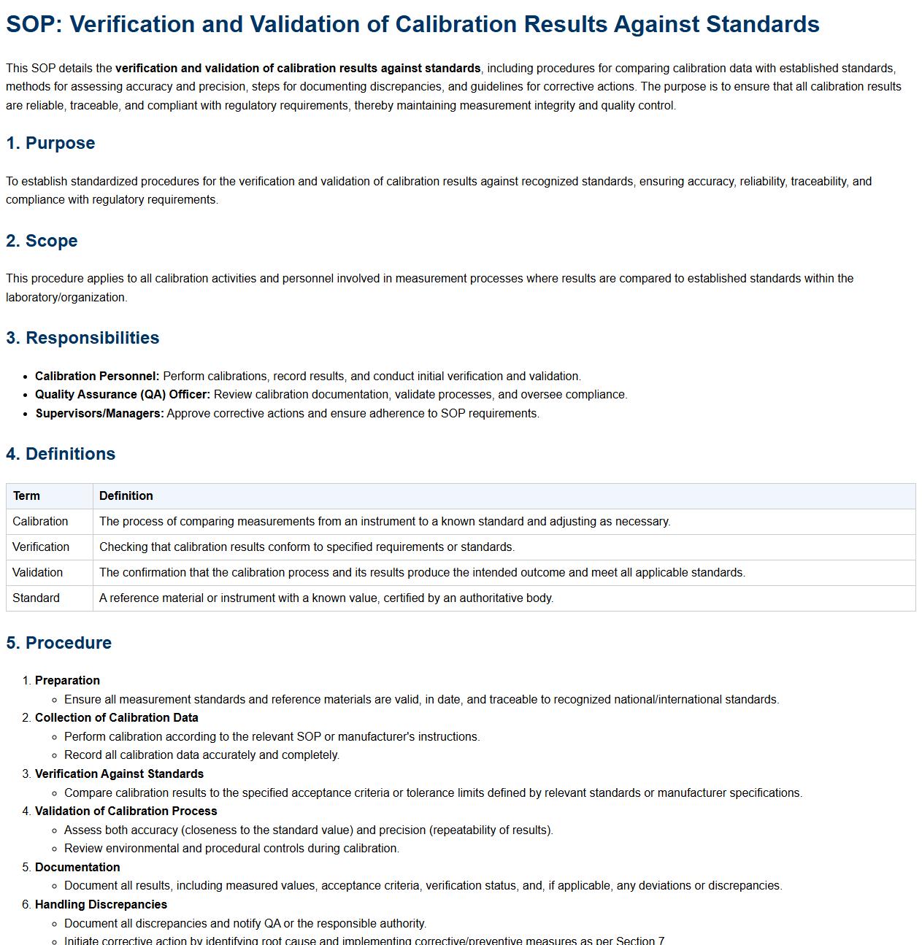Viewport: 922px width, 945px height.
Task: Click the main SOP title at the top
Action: (412, 24)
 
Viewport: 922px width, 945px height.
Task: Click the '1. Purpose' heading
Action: (50, 143)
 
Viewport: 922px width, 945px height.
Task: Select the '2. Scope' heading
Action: (42, 241)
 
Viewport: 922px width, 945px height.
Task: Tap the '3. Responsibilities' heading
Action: (82, 338)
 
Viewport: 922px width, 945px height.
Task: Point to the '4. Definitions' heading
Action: (61, 454)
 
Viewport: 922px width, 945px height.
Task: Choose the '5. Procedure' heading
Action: (58, 643)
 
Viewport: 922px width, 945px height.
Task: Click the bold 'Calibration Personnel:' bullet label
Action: (97, 377)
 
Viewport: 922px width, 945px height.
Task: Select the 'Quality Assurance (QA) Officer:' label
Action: (123, 395)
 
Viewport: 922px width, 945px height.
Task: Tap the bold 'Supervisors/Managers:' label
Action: (100, 414)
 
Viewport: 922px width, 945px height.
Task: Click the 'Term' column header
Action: (26, 496)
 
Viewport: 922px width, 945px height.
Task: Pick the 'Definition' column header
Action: (126, 496)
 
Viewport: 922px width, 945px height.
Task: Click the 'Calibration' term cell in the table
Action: (40, 522)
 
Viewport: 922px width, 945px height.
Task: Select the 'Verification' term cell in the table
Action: (41, 547)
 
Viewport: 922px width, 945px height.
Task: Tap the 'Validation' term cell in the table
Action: (37, 573)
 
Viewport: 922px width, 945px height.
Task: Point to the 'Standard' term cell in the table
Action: (36, 598)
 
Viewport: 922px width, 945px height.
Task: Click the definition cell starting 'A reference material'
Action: (326, 598)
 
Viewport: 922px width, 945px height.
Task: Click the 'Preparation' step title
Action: (67, 681)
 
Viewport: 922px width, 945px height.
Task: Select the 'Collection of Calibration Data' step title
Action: (117, 718)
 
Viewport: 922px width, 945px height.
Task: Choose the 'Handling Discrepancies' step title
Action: (101, 905)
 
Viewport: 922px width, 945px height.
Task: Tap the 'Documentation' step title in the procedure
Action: (77, 868)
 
